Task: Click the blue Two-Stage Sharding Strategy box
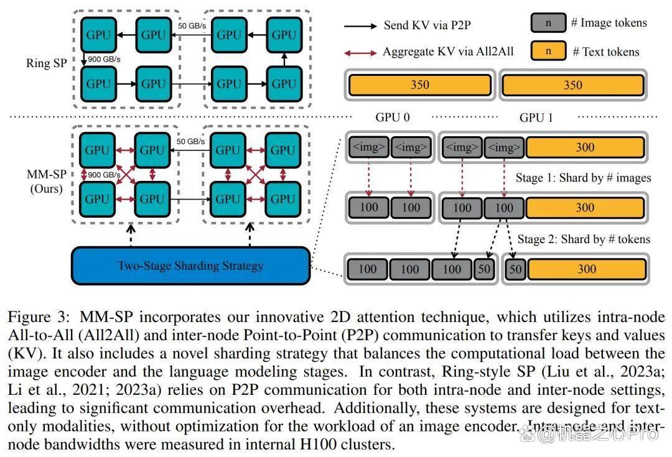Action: coord(191,265)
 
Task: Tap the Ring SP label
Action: coord(46,63)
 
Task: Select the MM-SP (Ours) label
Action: coord(46,182)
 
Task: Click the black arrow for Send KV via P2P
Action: coord(360,26)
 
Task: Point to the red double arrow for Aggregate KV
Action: coord(360,53)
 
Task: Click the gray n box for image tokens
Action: coord(548,23)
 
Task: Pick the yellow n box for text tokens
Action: coord(548,51)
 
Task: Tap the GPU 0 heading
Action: coord(393,118)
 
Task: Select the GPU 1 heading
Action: coord(536,118)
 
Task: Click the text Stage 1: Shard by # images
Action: coord(583,178)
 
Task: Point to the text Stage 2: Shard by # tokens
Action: coord(584,239)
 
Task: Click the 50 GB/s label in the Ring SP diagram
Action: coord(192,26)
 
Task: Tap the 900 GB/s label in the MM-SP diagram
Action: coord(104,175)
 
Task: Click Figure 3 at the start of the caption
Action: coord(39,317)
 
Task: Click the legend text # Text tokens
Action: coord(606,52)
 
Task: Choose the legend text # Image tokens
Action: coord(609,23)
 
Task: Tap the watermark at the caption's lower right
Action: coord(589,434)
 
